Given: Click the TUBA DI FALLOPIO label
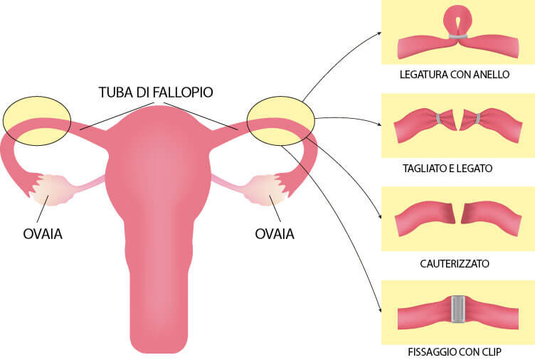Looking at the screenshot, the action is click(x=156, y=92).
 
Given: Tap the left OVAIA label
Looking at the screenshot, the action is click(x=43, y=234).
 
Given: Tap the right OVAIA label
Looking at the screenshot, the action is click(x=275, y=234).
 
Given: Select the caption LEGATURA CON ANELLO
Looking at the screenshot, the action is click(x=455, y=75).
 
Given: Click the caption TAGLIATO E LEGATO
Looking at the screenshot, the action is click(x=447, y=168).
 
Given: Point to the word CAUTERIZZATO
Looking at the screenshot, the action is click(x=455, y=263).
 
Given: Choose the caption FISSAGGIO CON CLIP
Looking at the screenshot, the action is click(x=455, y=351).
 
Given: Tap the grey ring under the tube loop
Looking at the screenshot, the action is click(x=458, y=36).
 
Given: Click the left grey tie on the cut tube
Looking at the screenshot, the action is click(x=438, y=118).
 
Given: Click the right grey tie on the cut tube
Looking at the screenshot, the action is click(x=477, y=118).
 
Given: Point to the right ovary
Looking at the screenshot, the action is click(x=265, y=190).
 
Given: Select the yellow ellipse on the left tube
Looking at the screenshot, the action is click(x=37, y=121).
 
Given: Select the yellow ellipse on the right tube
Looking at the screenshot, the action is click(x=280, y=121).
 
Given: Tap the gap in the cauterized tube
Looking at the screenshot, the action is click(x=458, y=214).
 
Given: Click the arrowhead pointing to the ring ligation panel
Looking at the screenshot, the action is click(x=379, y=33).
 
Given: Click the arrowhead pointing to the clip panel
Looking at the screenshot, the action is click(x=380, y=310).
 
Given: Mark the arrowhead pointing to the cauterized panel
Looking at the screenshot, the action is click(x=380, y=217).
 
